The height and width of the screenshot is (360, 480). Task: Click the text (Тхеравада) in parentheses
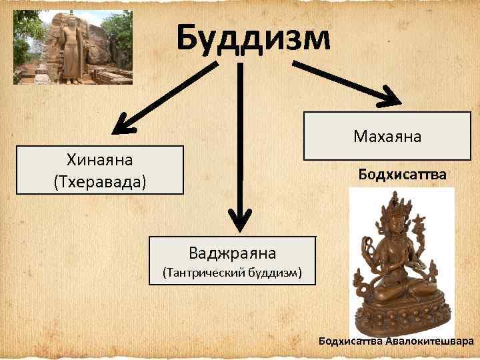coord(99,181)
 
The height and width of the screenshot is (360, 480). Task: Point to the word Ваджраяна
coord(232,253)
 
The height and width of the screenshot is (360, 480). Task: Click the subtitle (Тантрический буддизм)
coord(232,272)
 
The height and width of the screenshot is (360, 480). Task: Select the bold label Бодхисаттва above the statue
coord(402,175)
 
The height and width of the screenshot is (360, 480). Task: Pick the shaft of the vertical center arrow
coord(239,133)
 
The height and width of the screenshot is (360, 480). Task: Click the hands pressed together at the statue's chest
coord(399,257)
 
